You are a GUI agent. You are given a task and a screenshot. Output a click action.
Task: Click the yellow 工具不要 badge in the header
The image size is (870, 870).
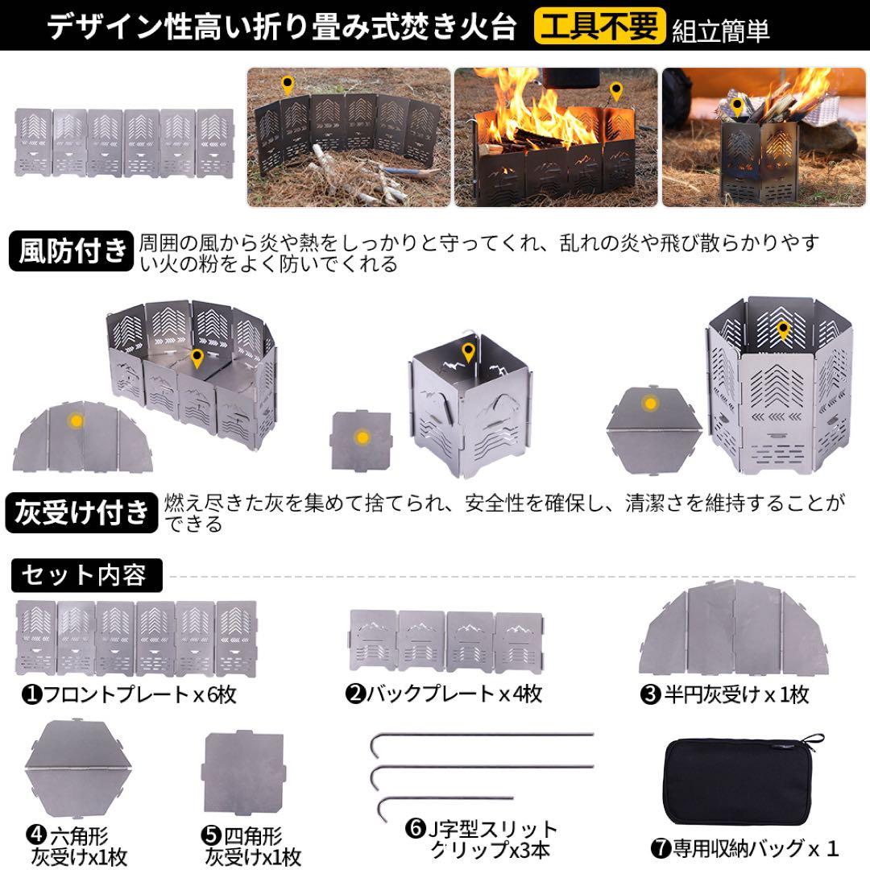pyautogui.click(x=600, y=26)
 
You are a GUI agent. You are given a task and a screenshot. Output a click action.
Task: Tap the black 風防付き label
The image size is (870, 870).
pyautogui.click(x=72, y=251)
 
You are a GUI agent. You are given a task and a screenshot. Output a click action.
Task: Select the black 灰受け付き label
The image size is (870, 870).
pyautogui.click(x=83, y=512)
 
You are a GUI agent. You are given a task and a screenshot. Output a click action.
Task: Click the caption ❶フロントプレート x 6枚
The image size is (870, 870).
pyautogui.click(x=129, y=694)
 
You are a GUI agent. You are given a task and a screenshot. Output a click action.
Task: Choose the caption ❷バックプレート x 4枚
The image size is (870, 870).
pyautogui.click(x=444, y=694)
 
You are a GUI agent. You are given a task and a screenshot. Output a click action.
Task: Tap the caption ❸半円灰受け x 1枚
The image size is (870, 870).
pyautogui.click(x=724, y=694)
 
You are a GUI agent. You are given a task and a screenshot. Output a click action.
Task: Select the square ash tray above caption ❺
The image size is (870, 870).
pyautogui.click(x=246, y=776)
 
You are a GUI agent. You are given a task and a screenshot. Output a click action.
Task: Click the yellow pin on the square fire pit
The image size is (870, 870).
pyautogui.click(x=468, y=353)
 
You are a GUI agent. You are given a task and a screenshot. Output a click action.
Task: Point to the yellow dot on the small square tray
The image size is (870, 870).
pyautogui.click(x=362, y=437)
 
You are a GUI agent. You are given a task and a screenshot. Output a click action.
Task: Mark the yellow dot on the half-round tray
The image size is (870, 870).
pyautogui.click(x=77, y=420)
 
